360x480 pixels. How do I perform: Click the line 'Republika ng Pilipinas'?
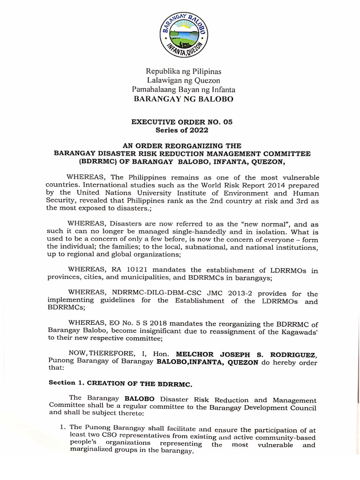pyautogui.click(x=183, y=72)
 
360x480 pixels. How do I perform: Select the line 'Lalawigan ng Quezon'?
pyautogui.click(x=183, y=81)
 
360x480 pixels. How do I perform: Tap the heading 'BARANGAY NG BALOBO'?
pyautogui.click(x=183, y=99)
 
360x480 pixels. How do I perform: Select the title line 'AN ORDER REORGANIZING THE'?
pyautogui.click(x=182, y=146)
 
